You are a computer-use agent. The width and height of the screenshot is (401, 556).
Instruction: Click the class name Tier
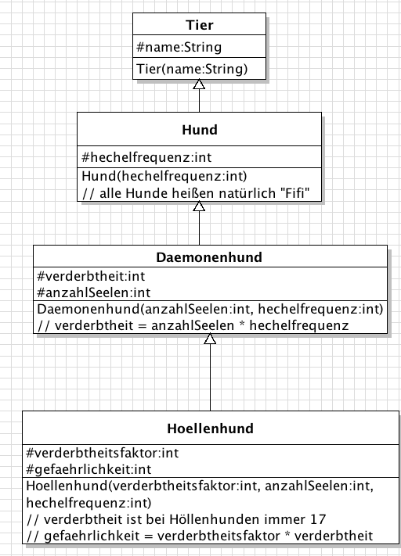pos(199,25)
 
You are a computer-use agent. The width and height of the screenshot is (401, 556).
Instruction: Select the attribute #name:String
pos(179,47)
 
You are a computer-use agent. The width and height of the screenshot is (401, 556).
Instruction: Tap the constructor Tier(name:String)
pos(192,69)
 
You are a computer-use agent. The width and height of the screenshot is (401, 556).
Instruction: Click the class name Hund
pos(200,130)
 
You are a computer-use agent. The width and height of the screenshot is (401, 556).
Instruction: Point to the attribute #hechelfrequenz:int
pos(146,157)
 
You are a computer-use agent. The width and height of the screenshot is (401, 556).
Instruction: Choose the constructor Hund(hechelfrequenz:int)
pos(164,176)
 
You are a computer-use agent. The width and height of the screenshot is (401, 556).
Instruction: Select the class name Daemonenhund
pos(209,257)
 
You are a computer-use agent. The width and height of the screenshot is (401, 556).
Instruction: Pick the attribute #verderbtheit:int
pos(91,276)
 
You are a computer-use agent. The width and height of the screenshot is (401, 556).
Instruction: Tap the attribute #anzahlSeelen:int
pos(93,292)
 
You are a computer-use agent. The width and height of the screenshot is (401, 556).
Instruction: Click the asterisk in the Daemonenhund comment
pos(241,324)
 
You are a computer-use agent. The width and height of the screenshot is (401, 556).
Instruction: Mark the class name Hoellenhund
pos(210,429)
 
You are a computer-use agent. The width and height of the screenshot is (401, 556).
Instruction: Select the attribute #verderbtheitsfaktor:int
pos(103,453)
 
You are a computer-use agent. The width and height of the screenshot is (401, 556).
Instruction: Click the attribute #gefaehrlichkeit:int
pos(89,469)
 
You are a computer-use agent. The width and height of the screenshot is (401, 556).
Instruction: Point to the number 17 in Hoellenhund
pos(318,519)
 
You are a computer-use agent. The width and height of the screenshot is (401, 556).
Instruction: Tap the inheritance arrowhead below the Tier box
pos(199,84)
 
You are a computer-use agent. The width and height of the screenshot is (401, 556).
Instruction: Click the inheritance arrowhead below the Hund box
pos(199,206)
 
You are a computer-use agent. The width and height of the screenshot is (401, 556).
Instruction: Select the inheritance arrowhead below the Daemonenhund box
pos(210,339)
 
